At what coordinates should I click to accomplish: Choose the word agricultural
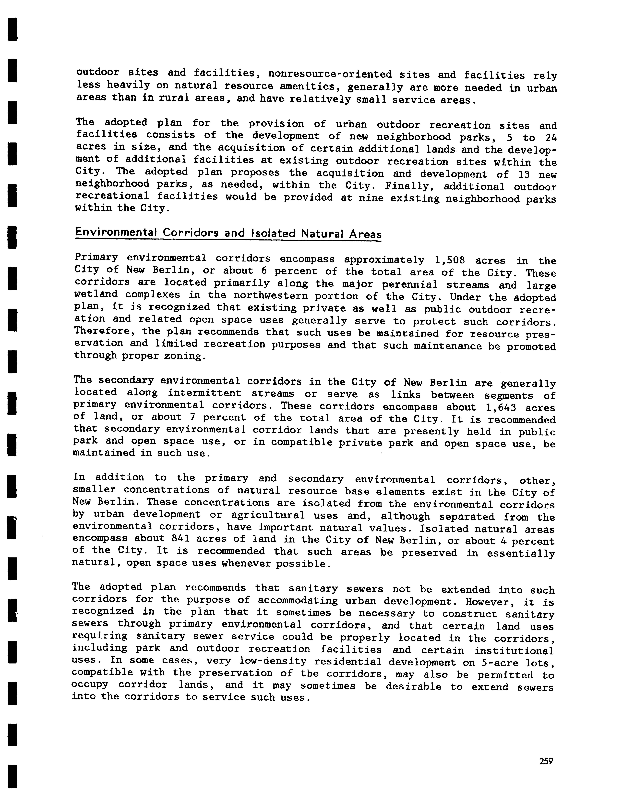[x=268, y=515]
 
